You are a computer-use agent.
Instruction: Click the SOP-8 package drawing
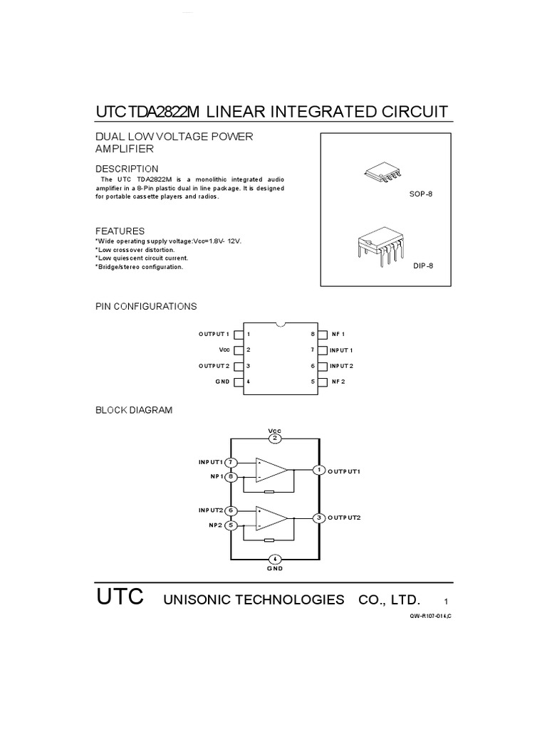(382, 172)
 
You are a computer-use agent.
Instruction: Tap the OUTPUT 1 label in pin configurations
(214, 335)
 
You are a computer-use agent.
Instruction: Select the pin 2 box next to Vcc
(238, 350)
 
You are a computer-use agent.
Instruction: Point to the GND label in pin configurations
(222, 382)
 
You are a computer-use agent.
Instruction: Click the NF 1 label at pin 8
(338, 335)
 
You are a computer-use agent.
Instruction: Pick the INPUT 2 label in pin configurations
(341, 366)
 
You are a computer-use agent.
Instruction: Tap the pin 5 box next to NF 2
(323, 382)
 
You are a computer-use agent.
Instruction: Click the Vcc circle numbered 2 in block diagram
(275, 439)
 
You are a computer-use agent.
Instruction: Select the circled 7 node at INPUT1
(231, 463)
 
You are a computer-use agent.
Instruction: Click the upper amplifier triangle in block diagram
(271, 470)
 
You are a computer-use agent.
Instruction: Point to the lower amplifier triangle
(271, 518)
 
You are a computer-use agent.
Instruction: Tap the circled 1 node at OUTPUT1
(319, 470)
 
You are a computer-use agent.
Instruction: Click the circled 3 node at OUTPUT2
(319, 518)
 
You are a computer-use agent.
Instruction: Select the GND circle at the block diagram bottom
(275, 559)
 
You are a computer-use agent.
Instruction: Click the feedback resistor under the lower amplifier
(269, 540)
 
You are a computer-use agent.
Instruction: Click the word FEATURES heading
(120, 231)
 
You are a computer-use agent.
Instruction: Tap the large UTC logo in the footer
(120, 597)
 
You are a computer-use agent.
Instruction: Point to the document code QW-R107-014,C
(430, 617)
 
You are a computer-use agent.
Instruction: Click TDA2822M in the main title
(163, 112)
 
